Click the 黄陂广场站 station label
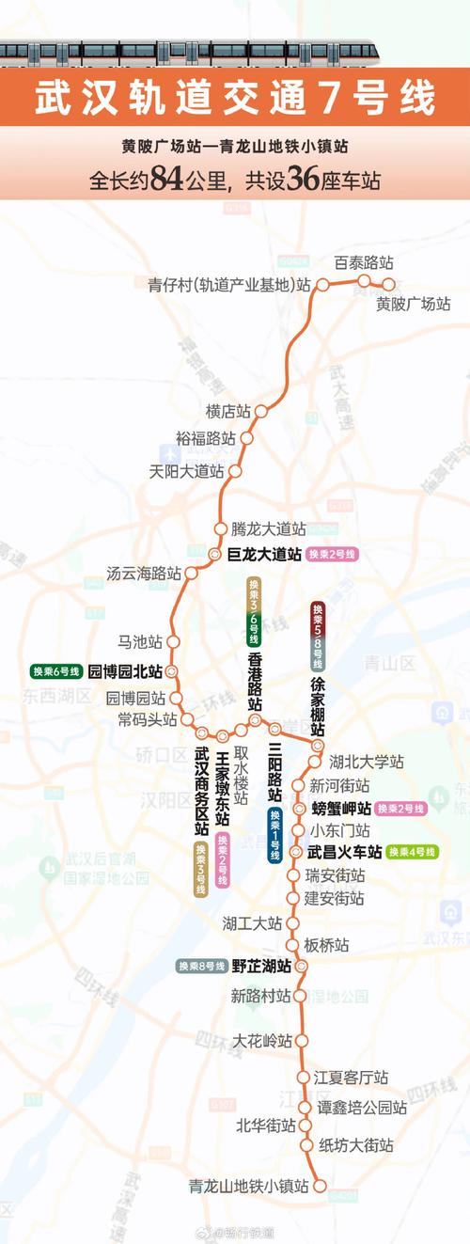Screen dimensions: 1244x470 (413, 304)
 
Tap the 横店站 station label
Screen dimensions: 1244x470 (227, 411)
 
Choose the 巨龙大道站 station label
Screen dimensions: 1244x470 (265, 555)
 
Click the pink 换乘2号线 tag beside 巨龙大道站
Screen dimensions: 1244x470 (333, 555)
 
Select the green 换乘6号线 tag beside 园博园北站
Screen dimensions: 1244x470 (55, 671)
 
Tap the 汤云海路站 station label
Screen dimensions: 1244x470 (143, 573)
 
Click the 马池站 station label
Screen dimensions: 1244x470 (140, 641)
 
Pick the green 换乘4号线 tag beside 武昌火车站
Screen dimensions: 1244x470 (412, 852)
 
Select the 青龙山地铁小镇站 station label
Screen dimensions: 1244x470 (248, 1187)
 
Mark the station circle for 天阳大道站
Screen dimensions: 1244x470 (236, 471)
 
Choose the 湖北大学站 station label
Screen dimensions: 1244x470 (366, 762)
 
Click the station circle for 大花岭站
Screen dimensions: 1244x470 (300, 1041)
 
